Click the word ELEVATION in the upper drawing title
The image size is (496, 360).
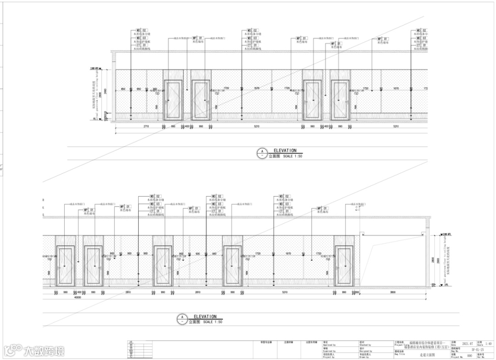(x=285, y=151)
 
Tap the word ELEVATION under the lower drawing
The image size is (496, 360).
(x=205, y=317)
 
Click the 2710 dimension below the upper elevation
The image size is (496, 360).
(x=146, y=126)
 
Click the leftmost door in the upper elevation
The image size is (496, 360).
(x=173, y=100)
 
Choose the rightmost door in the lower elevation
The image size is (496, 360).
(x=344, y=265)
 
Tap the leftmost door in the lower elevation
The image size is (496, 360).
(x=65, y=265)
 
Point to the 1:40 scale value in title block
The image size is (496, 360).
(x=488, y=343)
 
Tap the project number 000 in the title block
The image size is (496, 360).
(x=469, y=356)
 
